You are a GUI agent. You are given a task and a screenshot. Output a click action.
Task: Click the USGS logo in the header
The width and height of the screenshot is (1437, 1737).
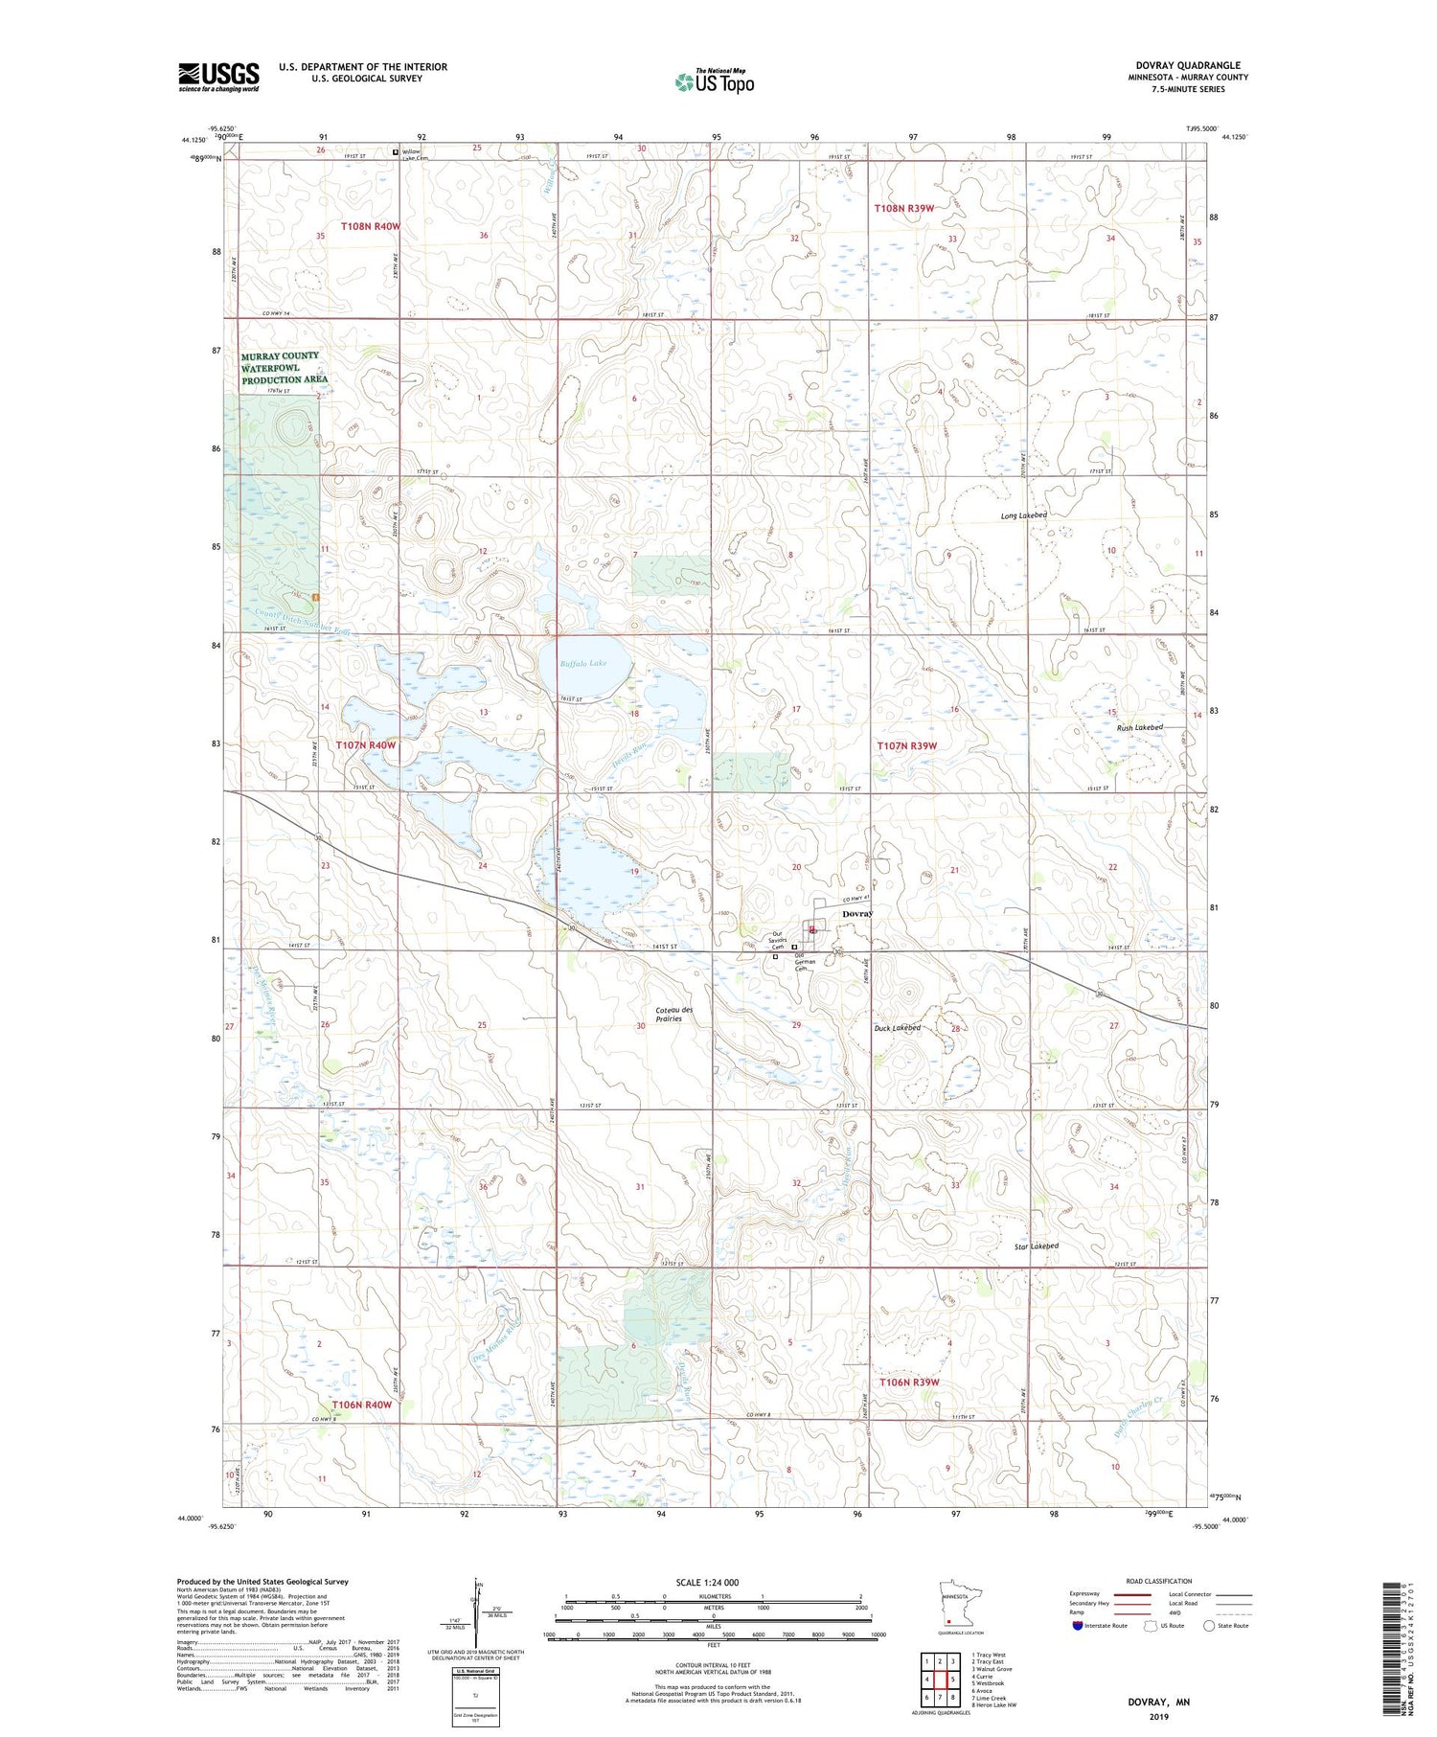pos(218,77)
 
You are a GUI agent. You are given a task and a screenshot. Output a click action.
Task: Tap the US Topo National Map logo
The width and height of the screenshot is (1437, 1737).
pos(714,82)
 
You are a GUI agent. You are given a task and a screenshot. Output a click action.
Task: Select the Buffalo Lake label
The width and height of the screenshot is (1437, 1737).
pos(583,663)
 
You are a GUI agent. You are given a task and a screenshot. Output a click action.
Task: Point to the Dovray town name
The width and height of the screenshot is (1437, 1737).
pos(857,914)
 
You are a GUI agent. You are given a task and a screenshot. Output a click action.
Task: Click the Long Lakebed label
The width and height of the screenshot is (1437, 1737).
pos(1024,515)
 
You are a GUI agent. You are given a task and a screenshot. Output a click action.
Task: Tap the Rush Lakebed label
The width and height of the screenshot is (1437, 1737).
pos(1140,727)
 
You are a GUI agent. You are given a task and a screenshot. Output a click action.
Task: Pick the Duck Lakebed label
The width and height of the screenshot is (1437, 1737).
pos(897,1027)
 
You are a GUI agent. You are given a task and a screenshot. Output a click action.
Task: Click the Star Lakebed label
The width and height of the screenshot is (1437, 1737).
pos(1037,1246)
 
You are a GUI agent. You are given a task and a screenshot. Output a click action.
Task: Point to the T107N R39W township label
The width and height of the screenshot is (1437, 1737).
pos(906,745)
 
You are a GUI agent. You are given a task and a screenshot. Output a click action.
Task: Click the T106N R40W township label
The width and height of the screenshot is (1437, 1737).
pos(362,1405)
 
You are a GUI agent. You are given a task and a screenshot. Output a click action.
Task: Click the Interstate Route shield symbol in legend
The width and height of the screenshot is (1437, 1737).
pos(1078,1626)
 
